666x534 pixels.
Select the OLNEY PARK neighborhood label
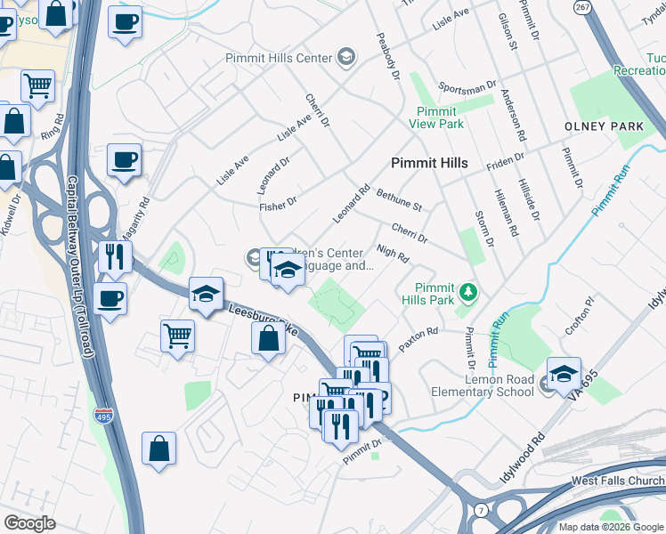[x=604, y=126]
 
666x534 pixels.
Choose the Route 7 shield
[x=482, y=509]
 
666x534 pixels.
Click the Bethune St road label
[x=398, y=198]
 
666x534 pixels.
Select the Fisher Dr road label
[x=277, y=206]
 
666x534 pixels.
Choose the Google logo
[x=29, y=523]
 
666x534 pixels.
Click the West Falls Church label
[x=617, y=481]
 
